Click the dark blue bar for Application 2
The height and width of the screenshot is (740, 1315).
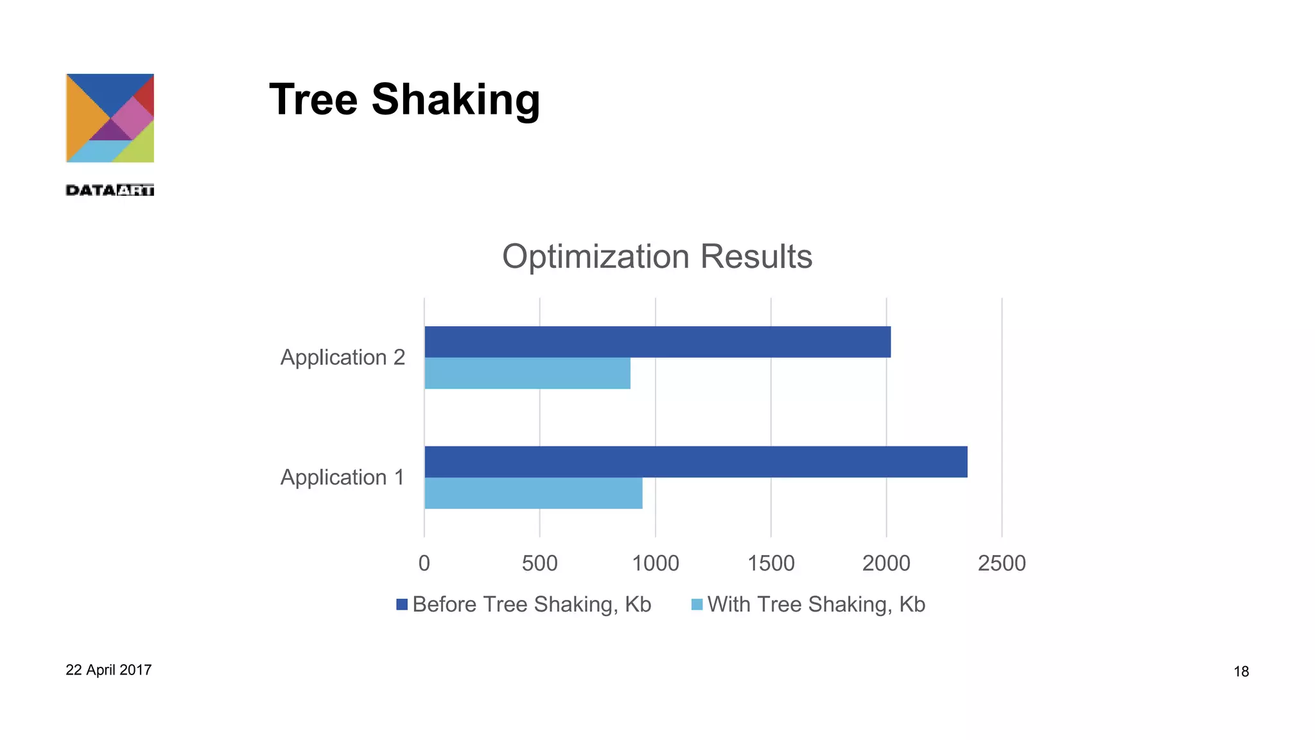tap(657, 342)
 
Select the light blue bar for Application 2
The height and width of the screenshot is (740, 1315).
tap(527, 373)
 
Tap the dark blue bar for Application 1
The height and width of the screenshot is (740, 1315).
tap(695, 462)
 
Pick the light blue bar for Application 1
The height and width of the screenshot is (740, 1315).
tap(533, 493)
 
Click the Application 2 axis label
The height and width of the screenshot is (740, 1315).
tap(343, 357)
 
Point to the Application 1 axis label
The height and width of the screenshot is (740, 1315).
tap(343, 477)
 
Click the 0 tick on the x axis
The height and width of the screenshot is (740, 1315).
tap(424, 563)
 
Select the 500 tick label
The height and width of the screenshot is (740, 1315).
tap(539, 563)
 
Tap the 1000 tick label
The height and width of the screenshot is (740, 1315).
tap(655, 563)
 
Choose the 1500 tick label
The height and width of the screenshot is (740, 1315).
tap(771, 563)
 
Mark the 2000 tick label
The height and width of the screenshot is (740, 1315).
tap(886, 563)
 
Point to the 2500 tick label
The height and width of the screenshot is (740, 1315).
tap(1002, 563)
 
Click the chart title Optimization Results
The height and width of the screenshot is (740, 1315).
tap(657, 256)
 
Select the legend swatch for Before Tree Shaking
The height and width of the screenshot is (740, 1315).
tap(402, 604)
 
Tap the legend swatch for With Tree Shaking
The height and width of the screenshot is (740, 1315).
tap(697, 604)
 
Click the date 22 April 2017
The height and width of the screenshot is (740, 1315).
tap(109, 670)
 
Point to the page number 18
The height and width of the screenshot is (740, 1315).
tap(1241, 672)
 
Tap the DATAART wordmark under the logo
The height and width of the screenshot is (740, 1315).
tap(110, 190)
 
